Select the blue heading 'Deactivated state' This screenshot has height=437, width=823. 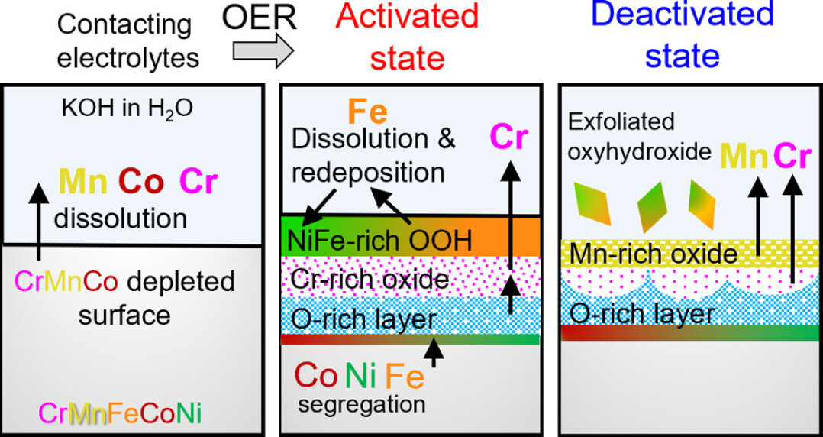(x=682, y=34)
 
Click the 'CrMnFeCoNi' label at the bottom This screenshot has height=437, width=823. (x=120, y=413)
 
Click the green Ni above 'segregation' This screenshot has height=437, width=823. (x=359, y=375)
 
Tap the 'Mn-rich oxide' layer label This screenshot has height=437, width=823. (x=654, y=253)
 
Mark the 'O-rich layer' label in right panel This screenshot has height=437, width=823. (x=641, y=312)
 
